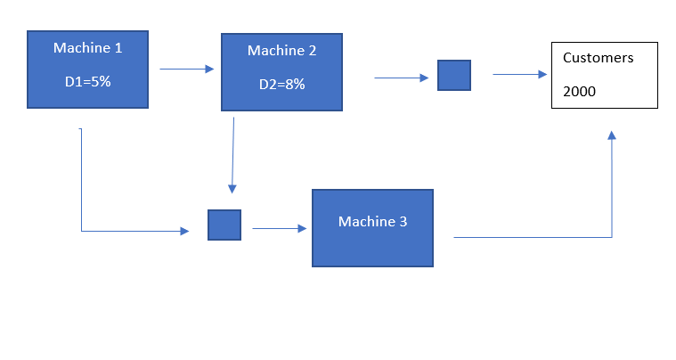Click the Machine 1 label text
(x=87, y=48)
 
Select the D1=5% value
(x=87, y=81)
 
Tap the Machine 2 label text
(x=281, y=51)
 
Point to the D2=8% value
(x=281, y=85)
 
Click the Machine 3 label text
(x=372, y=221)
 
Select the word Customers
(x=599, y=58)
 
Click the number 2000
(x=580, y=91)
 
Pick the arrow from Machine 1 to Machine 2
(x=187, y=69)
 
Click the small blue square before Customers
(x=453, y=76)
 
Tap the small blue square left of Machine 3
(x=224, y=225)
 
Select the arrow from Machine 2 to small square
(x=401, y=78)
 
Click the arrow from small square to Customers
(x=520, y=75)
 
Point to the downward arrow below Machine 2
(x=232, y=155)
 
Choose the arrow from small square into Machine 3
(x=280, y=228)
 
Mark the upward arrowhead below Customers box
(x=612, y=135)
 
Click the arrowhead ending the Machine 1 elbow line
(x=184, y=231)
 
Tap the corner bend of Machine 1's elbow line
(x=82, y=231)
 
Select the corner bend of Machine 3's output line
(x=612, y=237)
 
